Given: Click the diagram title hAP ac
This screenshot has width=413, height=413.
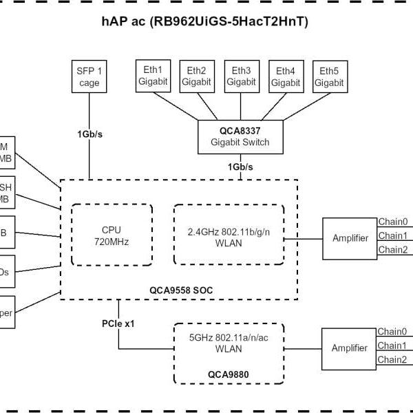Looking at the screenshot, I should [x=204, y=22].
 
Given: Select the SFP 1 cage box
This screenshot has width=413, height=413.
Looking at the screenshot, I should [x=89, y=76].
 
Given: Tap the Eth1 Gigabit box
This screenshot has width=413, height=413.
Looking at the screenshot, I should [x=152, y=76].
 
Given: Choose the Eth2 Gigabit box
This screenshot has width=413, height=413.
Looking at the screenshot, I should [x=196, y=76].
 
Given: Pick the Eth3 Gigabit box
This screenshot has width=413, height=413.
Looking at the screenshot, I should [x=241, y=76].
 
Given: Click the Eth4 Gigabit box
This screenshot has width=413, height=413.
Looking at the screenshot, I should [x=285, y=76].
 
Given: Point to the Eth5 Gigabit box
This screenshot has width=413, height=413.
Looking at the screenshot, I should [x=329, y=76].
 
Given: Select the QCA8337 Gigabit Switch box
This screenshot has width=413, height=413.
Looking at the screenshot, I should [x=240, y=136].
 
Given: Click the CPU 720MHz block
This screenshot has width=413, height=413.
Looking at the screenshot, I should [x=111, y=235].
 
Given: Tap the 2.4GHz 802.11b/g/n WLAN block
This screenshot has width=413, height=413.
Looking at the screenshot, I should [x=229, y=235].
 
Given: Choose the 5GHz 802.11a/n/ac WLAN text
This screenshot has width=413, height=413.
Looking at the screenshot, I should [x=229, y=343].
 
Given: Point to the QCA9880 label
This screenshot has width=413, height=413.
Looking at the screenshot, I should [x=229, y=374].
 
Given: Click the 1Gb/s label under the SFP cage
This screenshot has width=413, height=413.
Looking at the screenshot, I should [x=89, y=134].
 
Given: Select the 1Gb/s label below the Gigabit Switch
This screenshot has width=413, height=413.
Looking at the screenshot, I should [x=241, y=167].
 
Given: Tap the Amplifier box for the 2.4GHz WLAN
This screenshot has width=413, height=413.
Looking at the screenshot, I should [x=350, y=238].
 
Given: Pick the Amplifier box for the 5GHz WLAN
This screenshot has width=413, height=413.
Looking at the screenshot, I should [x=349, y=348].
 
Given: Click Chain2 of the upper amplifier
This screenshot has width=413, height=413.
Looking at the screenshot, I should [x=392, y=250].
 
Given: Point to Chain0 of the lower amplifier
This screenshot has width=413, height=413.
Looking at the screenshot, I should [x=392, y=332].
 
